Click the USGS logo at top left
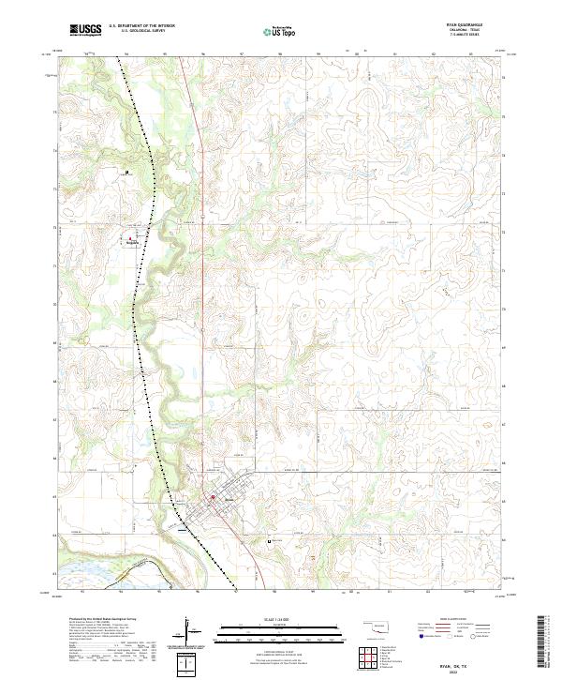pos(85,30)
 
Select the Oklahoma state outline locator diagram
pos(379,627)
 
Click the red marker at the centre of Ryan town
pos(213,497)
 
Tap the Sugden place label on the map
pos(131,240)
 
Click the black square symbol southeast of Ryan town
pos(270,541)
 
